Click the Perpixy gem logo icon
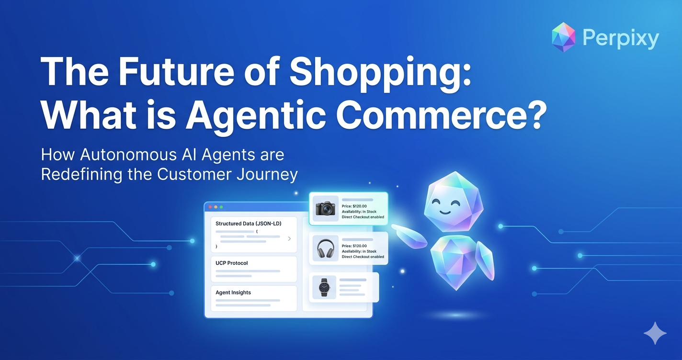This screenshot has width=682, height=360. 563,37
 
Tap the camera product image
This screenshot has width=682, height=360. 326,208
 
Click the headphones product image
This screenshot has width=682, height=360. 326,248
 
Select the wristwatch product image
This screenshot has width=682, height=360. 324,287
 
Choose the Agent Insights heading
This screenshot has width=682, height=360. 233,292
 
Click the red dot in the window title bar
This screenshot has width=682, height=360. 210,207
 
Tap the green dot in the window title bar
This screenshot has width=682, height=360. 221,207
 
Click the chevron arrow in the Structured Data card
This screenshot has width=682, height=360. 289,238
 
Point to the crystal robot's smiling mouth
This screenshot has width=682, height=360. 444,212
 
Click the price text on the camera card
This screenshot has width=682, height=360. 354,206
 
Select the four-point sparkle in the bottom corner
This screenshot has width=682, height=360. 655,333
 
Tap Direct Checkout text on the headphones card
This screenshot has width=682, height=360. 363,257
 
